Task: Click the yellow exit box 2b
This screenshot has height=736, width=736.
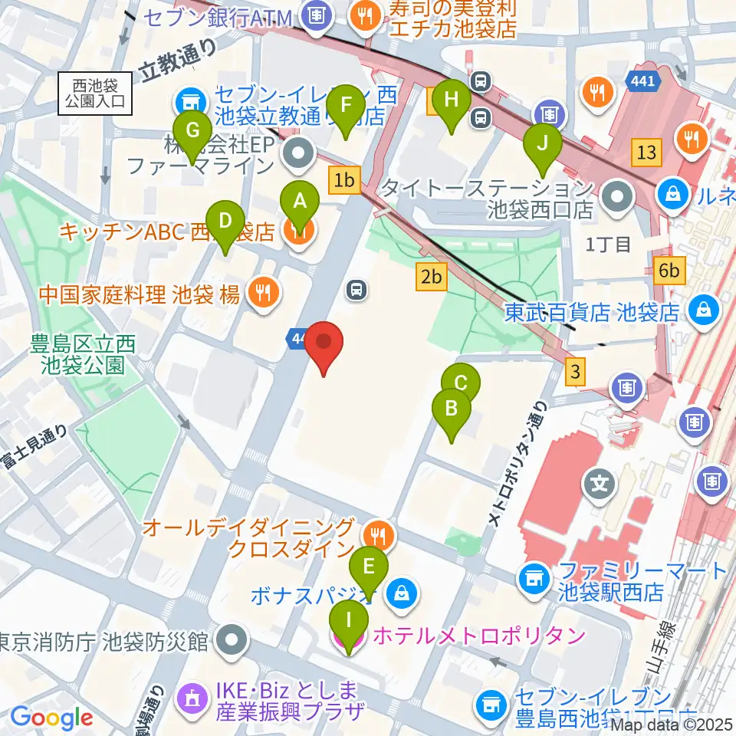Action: tap(432, 277)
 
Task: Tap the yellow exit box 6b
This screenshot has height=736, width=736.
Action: tap(669, 270)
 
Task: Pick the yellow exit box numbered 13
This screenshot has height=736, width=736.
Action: tap(646, 152)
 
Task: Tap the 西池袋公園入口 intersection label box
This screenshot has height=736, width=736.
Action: tap(95, 94)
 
